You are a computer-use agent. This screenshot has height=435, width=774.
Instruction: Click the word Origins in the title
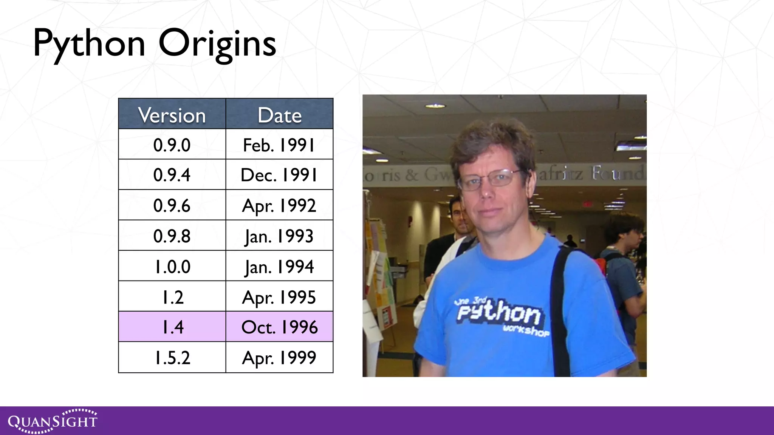[217, 45]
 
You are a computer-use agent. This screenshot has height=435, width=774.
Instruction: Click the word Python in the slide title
[89, 45]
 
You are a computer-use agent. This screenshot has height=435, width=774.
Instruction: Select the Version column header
[172, 115]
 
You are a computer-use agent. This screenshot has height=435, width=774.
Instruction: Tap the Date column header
[279, 115]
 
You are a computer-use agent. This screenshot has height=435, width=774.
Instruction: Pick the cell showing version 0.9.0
[172, 145]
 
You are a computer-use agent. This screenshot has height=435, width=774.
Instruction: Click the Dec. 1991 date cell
[279, 175]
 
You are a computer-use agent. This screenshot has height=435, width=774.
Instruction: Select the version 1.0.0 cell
[172, 267]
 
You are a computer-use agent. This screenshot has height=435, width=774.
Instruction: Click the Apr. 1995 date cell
[279, 297]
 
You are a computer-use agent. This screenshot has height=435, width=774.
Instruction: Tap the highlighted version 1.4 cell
[172, 327]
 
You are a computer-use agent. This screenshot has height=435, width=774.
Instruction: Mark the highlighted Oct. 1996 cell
[279, 327]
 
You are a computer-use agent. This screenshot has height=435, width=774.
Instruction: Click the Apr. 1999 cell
[279, 358]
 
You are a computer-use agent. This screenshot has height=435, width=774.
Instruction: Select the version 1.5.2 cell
[172, 358]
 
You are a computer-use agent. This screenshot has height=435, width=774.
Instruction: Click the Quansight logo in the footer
[53, 421]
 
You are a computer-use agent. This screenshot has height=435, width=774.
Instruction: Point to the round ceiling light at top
[435, 106]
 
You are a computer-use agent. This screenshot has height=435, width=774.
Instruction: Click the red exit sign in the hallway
[587, 204]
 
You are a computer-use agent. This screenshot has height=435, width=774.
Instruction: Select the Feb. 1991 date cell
[279, 145]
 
